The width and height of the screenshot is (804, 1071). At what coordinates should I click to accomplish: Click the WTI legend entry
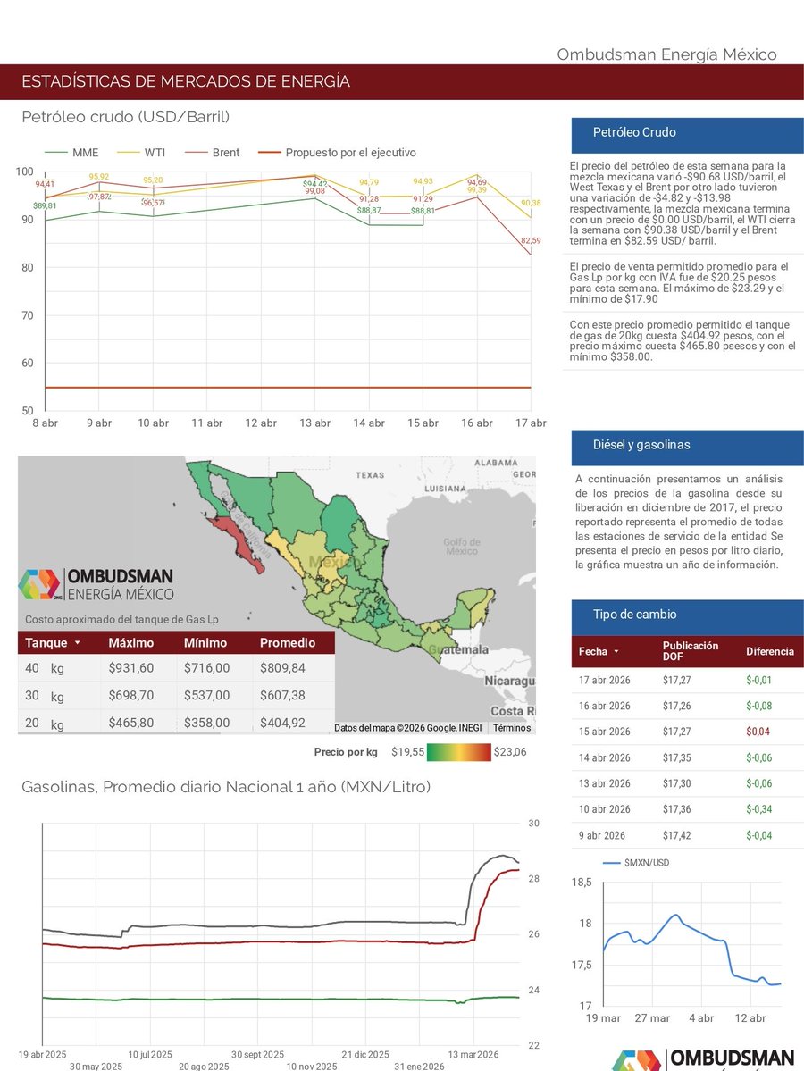(155, 153)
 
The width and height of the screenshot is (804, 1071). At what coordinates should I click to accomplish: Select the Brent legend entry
(226, 153)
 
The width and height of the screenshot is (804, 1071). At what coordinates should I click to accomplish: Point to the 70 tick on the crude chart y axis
(27, 315)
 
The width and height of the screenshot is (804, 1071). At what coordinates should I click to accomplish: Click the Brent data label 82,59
(531, 241)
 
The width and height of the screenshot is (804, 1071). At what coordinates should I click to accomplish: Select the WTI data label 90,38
(531, 203)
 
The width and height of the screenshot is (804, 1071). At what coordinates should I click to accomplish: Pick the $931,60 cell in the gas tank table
(130, 668)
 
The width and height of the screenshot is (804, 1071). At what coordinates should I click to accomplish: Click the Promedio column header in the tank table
(287, 643)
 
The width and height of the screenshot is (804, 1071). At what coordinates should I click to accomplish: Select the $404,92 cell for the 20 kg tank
(282, 723)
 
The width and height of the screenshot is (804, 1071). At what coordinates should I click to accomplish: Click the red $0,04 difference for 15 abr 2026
(758, 732)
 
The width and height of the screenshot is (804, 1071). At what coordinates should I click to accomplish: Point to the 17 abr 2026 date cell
(605, 680)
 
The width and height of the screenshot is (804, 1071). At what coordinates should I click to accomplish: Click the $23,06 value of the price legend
(510, 752)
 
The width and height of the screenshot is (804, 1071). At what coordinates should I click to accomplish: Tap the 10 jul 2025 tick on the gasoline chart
(150, 1054)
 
